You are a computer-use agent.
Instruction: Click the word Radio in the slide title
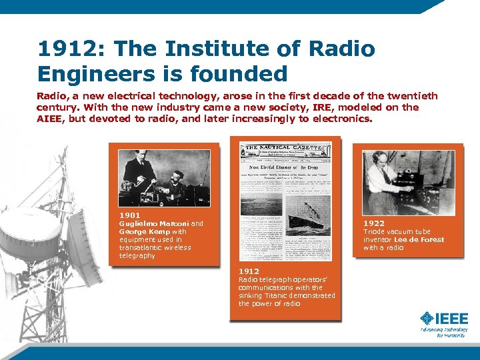[344, 49]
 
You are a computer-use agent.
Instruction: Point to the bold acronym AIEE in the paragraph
[49, 119]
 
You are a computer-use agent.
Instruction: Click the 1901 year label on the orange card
[129, 215]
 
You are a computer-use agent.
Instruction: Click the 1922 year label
[373, 223]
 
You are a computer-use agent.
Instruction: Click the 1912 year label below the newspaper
[249, 271]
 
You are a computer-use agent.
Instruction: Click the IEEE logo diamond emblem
[425, 319]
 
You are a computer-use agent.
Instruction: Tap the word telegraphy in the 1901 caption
[137, 255]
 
